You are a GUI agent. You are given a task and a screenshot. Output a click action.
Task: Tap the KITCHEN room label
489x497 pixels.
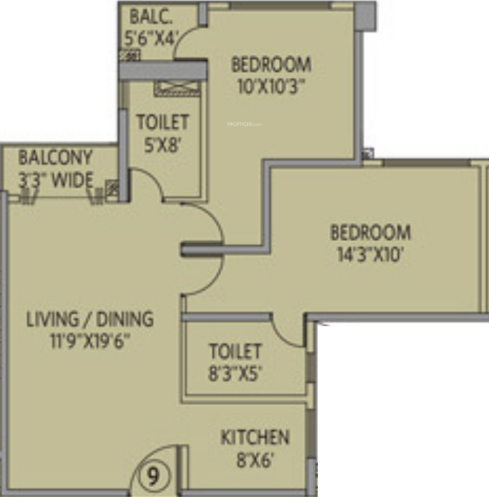tap(255, 437)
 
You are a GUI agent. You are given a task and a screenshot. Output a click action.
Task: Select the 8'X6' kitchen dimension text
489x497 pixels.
tap(255, 459)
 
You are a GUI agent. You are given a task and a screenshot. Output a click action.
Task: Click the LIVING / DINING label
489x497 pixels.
tap(89, 318)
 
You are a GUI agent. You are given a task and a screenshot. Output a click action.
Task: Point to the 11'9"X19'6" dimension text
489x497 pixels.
tap(89, 340)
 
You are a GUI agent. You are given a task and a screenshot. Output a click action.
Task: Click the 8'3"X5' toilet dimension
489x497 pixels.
tap(236, 373)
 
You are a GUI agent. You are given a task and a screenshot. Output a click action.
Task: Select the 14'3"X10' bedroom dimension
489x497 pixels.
tap(370, 254)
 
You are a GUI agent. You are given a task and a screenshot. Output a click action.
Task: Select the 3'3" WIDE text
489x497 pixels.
tap(55, 179)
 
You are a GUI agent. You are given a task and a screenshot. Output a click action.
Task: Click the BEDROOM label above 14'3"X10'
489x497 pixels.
tap(370, 233)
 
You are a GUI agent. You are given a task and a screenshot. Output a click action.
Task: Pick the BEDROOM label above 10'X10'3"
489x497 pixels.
tap(271, 65)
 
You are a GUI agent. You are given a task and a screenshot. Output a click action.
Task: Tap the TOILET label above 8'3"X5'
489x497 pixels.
tap(236, 351)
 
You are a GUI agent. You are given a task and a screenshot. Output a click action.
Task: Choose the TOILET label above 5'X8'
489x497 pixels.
tap(163, 122)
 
